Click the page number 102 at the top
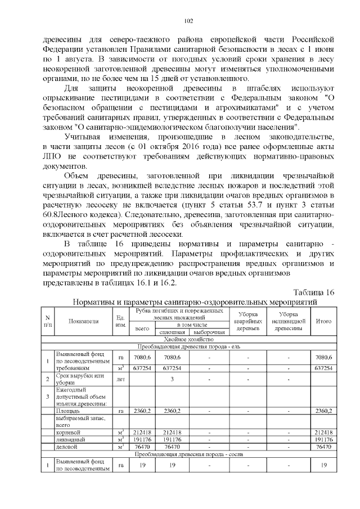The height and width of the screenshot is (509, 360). pyautogui.click(x=188, y=21)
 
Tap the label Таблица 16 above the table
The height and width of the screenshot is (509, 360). pyautogui.click(x=314, y=292)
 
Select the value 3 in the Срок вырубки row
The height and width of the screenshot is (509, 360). pyautogui.click(x=172, y=379)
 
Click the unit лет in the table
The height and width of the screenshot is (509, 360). pyautogui.click(x=120, y=379)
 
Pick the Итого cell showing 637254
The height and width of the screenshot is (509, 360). pyautogui.click(x=323, y=368)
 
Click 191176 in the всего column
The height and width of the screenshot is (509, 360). pyautogui.click(x=140, y=439)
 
